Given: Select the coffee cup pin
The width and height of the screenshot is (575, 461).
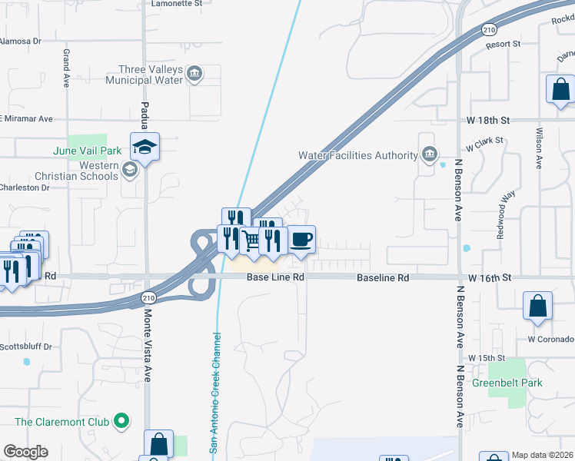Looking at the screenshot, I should (x=301, y=239).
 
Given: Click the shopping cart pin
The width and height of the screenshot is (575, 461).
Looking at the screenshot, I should (x=251, y=240).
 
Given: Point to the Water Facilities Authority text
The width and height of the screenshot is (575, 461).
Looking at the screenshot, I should (x=358, y=155).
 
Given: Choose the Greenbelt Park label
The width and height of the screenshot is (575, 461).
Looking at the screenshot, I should (x=507, y=383).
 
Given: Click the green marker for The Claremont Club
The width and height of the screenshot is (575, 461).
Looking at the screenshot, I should (x=121, y=421).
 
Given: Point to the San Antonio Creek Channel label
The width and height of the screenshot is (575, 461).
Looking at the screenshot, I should (x=216, y=393).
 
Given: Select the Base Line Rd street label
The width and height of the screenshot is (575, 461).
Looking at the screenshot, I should (x=276, y=277).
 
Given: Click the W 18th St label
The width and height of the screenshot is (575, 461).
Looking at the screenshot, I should (x=488, y=121).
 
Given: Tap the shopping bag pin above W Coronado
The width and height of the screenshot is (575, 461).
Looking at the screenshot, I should (x=537, y=305).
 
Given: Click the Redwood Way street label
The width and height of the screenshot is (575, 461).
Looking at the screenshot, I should (x=505, y=214).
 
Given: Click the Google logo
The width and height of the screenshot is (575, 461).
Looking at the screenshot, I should (x=25, y=452).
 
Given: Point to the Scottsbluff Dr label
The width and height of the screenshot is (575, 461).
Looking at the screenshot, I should (x=26, y=347).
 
